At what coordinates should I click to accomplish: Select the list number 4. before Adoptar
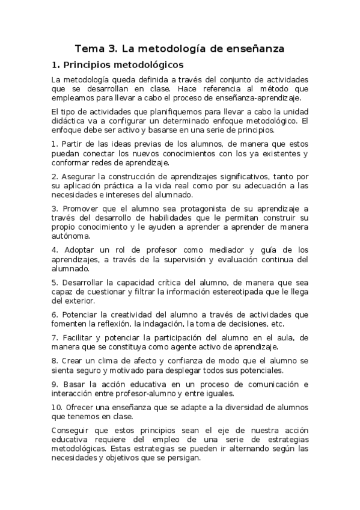(55, 250)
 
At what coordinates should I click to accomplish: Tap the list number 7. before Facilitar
(55, 337)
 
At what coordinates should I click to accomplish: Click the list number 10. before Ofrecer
(56, 407)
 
